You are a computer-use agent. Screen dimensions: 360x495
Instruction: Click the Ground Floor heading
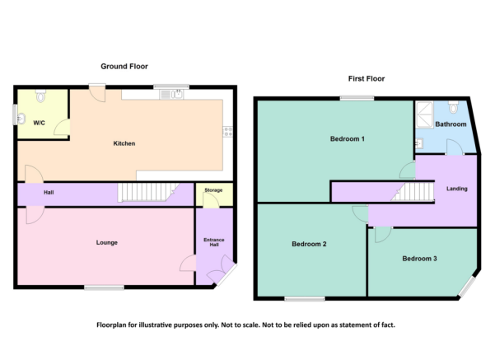point(124,66)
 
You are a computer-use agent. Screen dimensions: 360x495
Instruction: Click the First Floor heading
point(366,79)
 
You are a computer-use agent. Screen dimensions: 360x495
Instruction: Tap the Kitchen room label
point(124,144)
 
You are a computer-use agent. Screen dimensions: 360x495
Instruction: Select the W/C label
point(39,123)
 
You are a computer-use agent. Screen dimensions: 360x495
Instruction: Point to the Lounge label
point(106,242)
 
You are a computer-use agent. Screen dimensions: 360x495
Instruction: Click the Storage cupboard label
point(213,190)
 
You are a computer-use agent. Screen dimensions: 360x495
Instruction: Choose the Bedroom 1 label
point(347,138)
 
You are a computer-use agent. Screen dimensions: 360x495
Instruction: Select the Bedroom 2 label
point(309,244)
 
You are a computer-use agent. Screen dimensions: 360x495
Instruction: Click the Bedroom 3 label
point(419,259)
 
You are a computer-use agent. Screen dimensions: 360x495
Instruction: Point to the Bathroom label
point(451,124)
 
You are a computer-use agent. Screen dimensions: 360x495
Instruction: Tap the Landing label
point(456,189)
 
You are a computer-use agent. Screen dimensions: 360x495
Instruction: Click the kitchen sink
point(174,94)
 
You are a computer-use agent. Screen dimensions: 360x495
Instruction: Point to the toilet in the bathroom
point(454,108)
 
